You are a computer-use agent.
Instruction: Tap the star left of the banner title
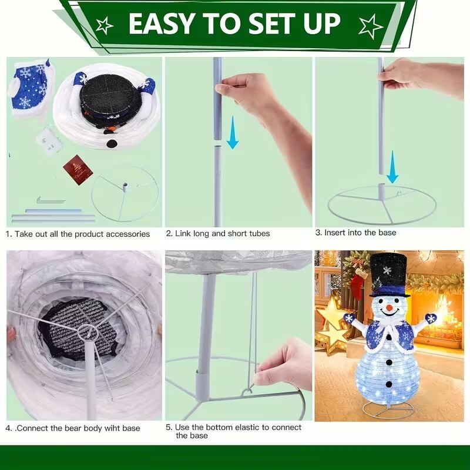(104, 25)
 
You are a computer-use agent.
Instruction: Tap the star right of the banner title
(371, 26)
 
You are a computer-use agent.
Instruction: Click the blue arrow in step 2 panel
(233, 133)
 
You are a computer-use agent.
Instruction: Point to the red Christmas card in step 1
(78, 170)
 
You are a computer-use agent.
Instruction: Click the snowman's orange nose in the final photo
(390, 308)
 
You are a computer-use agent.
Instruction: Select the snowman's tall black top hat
(388, 275)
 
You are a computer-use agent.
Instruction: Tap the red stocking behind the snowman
(357, 284)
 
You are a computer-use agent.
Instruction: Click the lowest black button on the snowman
(389, 384)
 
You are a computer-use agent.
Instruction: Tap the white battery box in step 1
(49, 141)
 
